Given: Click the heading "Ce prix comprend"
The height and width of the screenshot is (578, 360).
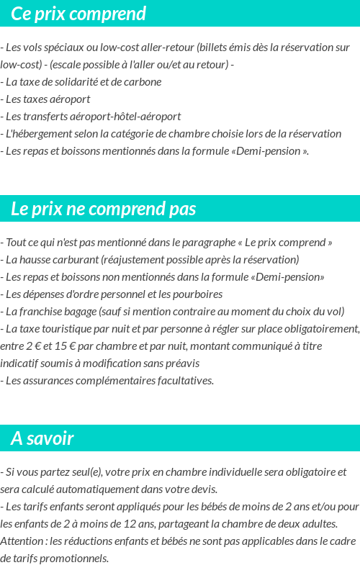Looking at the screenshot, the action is (x=78, y=14).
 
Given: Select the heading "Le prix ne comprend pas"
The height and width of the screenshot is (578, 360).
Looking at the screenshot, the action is (x=104, y=209).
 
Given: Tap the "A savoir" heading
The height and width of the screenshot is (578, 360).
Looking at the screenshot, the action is (x=42, y=438).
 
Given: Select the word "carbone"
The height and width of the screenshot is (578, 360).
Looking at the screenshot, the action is (x=142, y=82).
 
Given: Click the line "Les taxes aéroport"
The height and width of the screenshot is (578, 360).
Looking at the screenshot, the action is (x=48, y=99).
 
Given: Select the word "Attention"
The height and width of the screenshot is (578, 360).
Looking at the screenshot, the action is (x=21, y=541).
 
